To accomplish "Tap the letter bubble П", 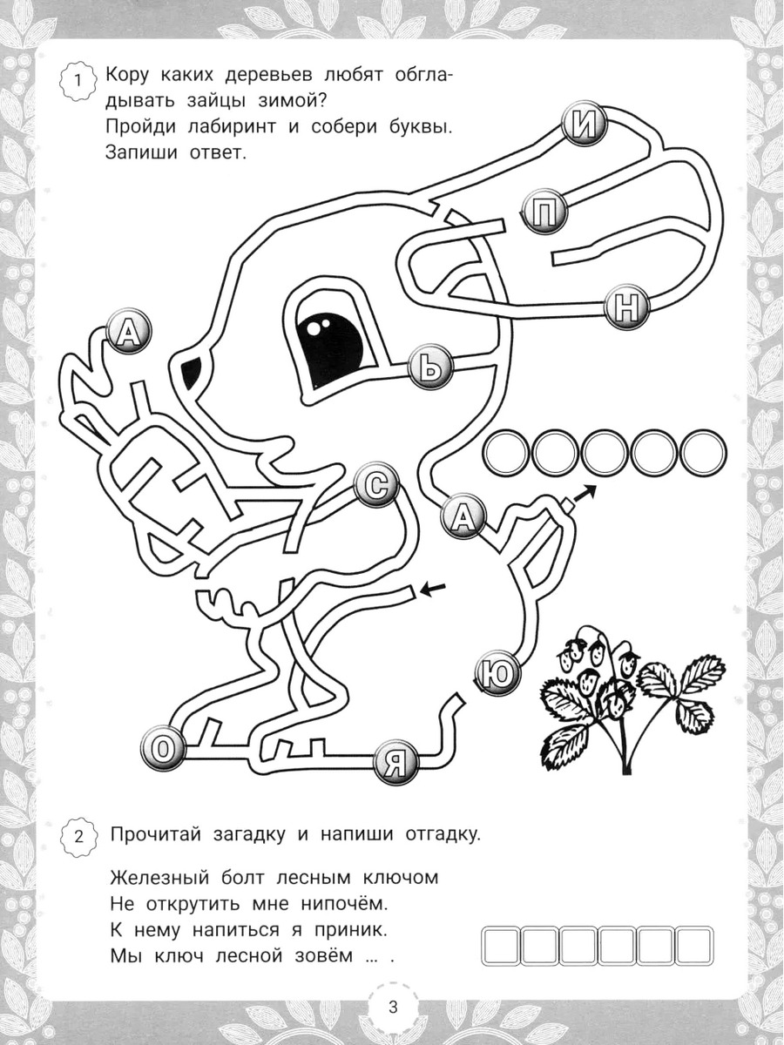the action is pos(545,212).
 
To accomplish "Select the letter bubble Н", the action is pos(627,308).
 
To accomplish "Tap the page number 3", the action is pos(393,1017).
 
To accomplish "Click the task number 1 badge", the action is pos(79,81).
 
